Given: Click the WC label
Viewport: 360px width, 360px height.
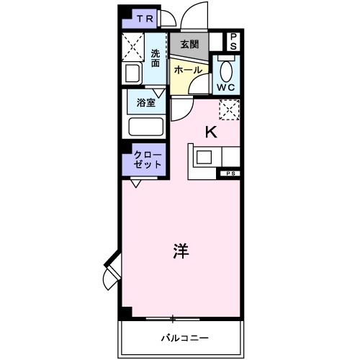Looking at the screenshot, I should (x=227, y=88).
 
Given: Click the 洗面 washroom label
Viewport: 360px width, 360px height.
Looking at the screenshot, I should (x=156, y=57).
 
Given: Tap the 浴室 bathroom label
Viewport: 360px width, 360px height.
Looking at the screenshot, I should (x=145, y=102).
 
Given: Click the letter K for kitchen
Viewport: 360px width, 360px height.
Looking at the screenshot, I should (x=211, y=131).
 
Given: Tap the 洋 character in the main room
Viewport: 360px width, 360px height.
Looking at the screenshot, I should (x=181, y=252).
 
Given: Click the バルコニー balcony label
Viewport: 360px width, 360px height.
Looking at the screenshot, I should (x=184, y=337).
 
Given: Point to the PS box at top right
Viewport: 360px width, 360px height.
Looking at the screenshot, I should (x=234, y=42).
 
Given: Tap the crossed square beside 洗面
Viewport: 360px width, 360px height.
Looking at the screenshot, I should (x=133, y=48).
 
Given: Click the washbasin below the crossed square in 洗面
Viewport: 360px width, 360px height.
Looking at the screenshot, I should (x=134, y=73).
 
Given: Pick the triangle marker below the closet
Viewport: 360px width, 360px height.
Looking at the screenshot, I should (x=135, y=183).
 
